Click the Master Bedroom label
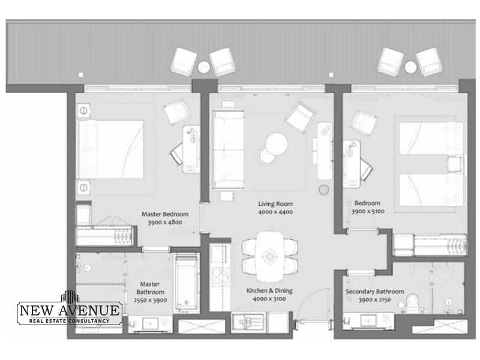(165, 214)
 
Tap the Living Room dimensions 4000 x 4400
(275, 212)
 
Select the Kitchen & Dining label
(269, 290)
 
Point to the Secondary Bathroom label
(374, 292)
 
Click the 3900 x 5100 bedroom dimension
(368, 211)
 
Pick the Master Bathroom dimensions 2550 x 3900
(150, 301)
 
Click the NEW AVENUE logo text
(70, 310)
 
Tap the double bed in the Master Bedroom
(111, 149)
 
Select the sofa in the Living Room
(229, 149)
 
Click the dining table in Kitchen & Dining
(269, 257)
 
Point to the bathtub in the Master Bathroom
(186, 283)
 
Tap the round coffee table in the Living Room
(277, 143)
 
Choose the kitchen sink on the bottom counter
(248, 322)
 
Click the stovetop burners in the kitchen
(220, 277)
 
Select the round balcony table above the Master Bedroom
(203, 67)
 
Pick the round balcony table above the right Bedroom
(410, 67)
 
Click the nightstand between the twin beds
(455, 164)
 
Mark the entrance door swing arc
(309, 298)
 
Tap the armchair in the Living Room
(301, 117)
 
